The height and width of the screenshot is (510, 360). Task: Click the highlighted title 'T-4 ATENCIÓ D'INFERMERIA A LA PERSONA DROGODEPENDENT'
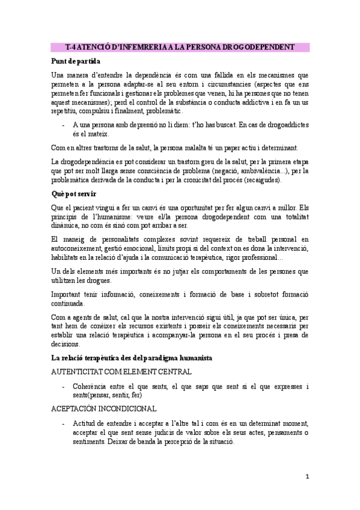point(179,47)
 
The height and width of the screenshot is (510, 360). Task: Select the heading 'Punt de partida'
point(76,61)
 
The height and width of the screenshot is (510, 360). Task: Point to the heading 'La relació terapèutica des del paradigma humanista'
point(131,358)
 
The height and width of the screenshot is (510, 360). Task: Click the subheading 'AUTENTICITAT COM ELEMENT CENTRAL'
point(121,372)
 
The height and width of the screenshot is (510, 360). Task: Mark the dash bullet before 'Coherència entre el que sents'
point(64,386)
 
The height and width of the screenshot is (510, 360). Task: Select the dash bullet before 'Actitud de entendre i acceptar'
point(64,422)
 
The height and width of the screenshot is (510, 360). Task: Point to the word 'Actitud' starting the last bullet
point(85,422)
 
